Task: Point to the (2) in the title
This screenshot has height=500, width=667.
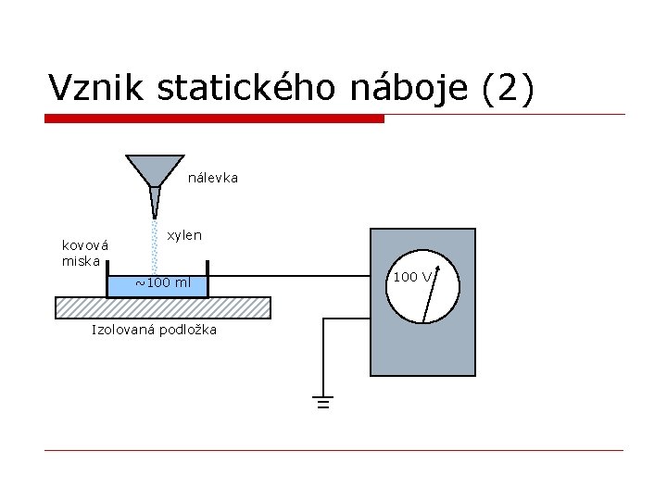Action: click(509, 88)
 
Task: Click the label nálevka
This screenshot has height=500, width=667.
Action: click(213, 177)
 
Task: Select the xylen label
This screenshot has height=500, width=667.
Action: click(184, 235)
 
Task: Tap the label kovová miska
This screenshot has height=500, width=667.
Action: click(84, 253)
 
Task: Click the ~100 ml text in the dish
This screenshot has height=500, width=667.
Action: click(163, 282)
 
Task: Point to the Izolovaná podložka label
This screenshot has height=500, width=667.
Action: click(154, 330)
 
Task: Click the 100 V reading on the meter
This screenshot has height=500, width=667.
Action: click(411, 276)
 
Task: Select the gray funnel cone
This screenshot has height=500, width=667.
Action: click(155, 169)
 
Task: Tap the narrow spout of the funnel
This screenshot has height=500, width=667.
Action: click(155, 203)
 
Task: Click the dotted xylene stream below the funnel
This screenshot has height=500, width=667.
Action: click(155, 245)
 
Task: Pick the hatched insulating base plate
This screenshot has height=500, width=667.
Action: click(163, 306)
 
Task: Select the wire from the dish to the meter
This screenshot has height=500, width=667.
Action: click(287, 275)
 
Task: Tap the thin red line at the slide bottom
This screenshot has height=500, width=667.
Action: click(333, 451)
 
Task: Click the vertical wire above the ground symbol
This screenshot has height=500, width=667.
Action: click(322, 356)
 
